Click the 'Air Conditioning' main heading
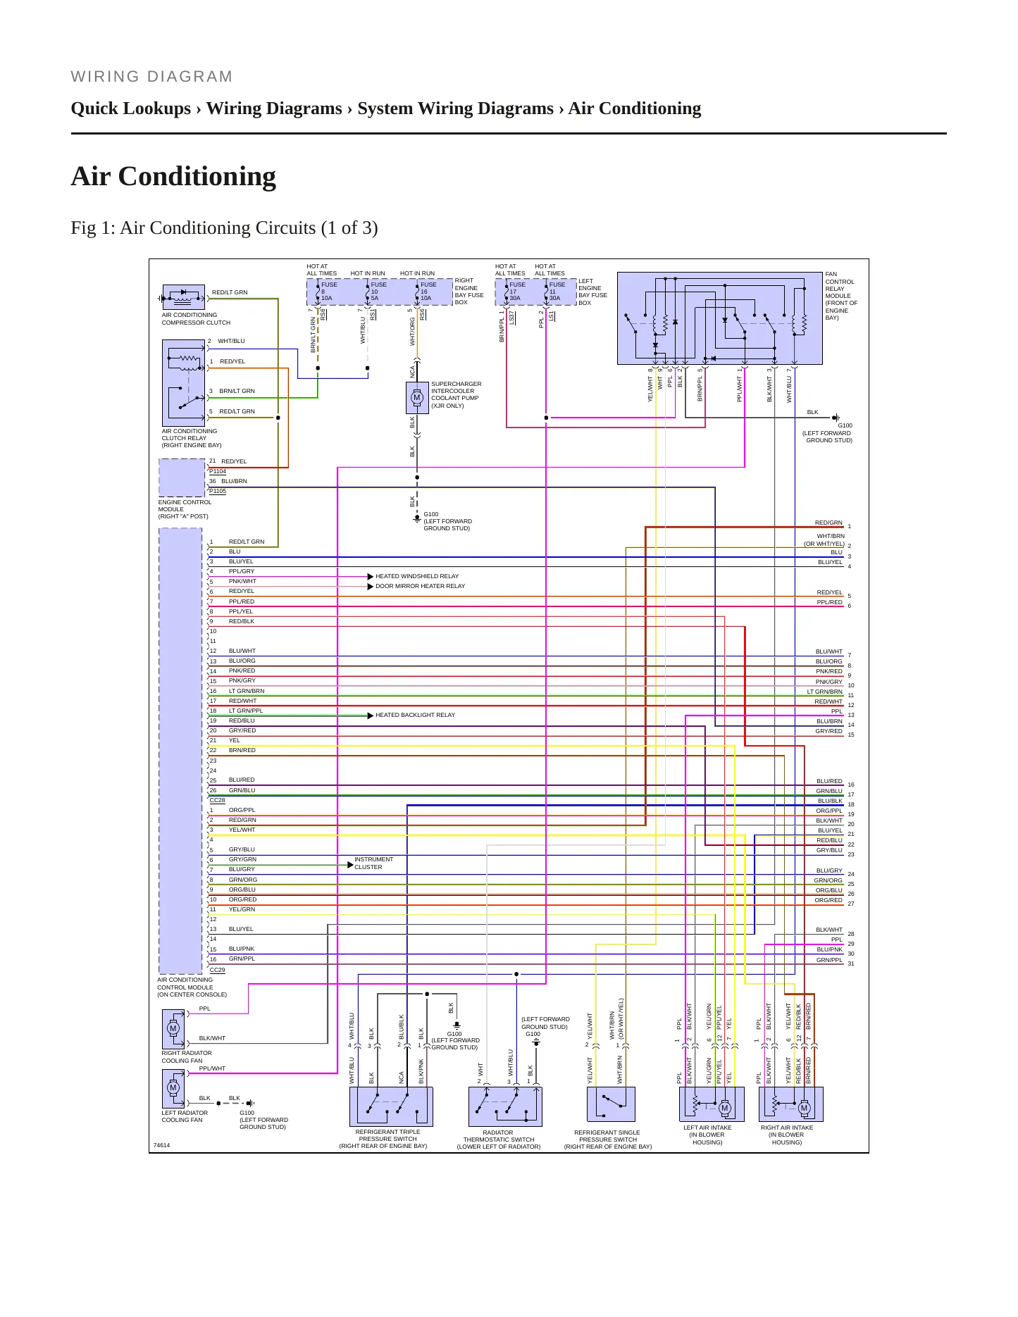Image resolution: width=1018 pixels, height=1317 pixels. tap(173, 177)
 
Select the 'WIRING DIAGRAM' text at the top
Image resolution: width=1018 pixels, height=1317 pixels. tap(151, 77)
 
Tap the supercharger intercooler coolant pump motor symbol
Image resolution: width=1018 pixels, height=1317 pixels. tap(416, 398)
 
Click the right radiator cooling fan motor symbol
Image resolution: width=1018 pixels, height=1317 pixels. tap(173, 1028)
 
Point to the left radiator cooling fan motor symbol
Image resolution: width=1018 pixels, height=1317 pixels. tap(173, 1087)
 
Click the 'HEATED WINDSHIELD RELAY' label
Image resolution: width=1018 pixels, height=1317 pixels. tap(417, 576)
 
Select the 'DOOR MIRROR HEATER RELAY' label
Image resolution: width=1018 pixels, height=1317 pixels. tap(421, 586)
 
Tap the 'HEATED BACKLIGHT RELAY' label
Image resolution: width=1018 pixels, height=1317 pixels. tap(416, 715)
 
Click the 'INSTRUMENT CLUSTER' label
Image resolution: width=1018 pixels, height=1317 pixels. tap(374, 863)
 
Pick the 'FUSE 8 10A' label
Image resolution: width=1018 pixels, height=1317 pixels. tap(329, 292)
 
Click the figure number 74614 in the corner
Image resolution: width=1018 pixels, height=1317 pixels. tap(162, 1145)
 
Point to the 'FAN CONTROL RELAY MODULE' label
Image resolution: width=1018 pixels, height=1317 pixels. tap(841, 296)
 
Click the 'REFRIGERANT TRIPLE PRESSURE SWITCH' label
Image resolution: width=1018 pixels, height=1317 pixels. tap(388, 1139)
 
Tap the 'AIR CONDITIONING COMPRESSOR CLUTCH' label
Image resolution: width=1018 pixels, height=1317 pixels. tap(196, 319)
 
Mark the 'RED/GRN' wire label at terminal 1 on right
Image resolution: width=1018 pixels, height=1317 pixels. tap(828, 523)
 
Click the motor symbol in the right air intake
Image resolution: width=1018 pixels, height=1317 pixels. tap(804, 1108)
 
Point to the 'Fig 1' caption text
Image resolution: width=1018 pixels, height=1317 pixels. tap(224, 228)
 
